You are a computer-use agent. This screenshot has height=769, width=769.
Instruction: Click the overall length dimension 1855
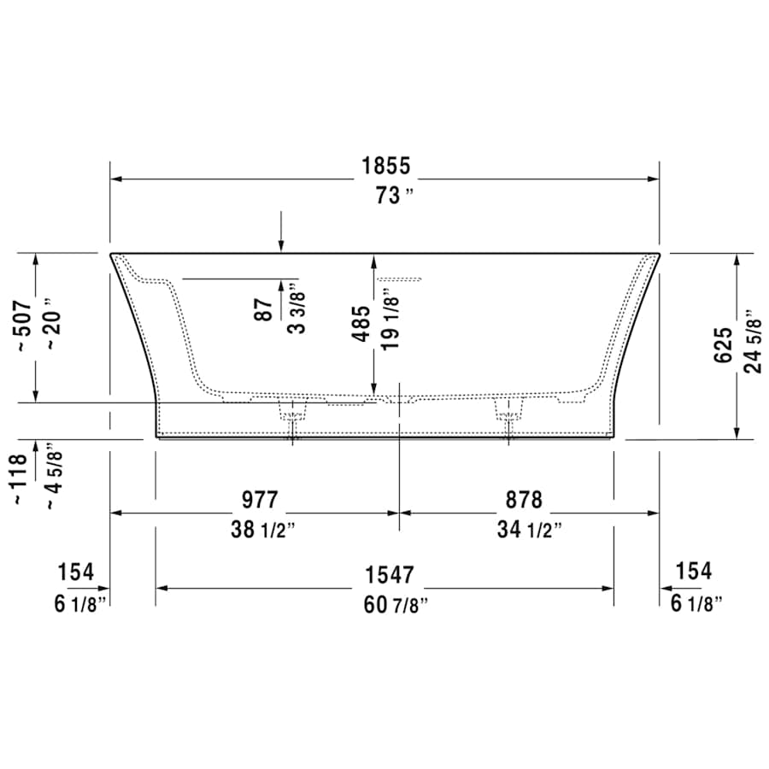(x=384, y=166)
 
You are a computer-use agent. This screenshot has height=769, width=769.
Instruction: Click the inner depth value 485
(x=362, y=324)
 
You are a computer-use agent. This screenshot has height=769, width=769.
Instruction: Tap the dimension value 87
(x=266, y=308)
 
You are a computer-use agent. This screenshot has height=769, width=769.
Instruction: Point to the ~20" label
(x=53, y=324)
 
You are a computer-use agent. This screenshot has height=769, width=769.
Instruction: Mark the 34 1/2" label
(x=530, y=530)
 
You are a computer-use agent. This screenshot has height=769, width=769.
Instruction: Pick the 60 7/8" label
(x=395, y=605)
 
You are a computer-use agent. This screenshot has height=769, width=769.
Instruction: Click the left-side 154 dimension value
(x=75, y=572)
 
